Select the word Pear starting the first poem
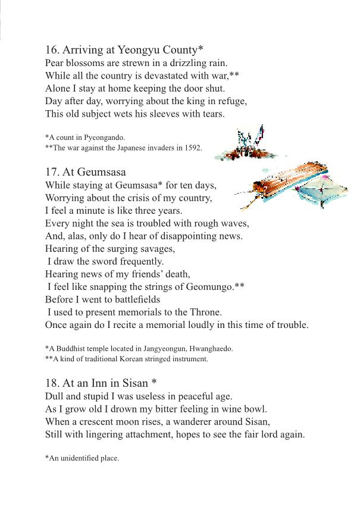(x=55, y=62)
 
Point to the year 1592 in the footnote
(x=193, y=148)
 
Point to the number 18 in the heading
(x=52, y=383)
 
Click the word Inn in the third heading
(x=96, y=383)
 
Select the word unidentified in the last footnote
(x=82, y=458)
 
